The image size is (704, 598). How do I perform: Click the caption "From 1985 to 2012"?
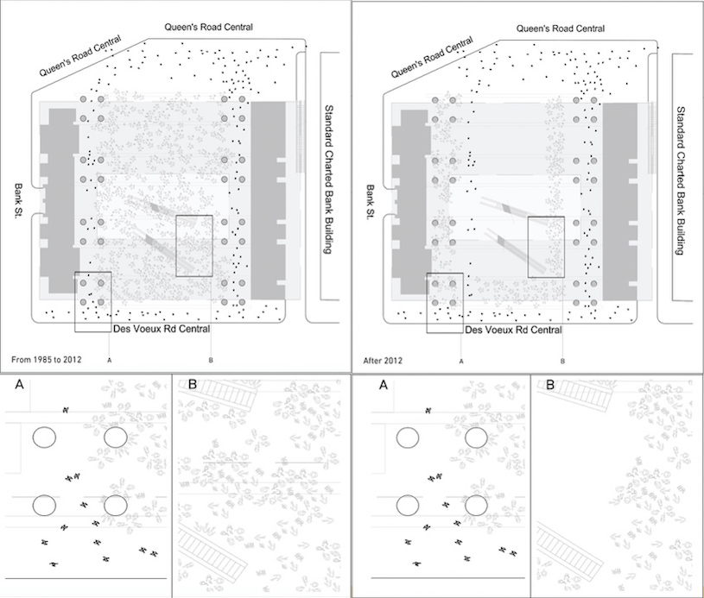click(47, 359)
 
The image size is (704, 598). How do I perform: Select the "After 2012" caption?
click(383, 360)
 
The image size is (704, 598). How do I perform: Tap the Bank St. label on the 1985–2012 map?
click(19, 200)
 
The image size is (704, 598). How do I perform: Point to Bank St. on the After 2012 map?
click(371, 202)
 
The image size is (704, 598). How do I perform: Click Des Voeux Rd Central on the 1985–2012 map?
click(162, 329)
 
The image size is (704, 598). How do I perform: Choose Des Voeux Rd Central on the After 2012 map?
click(513, 330)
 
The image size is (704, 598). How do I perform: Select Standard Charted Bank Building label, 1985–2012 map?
click(328, 179)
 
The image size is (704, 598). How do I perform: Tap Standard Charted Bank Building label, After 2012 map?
click(681, 181)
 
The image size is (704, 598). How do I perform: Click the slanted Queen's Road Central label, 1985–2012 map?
click(80, 55)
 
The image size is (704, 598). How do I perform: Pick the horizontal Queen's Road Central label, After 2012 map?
click(561, 28)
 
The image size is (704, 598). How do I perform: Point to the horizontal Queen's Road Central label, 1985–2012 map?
click(208, 27)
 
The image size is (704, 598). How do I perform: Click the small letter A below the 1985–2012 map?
click(110, 360)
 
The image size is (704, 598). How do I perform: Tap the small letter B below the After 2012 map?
click(562, 362)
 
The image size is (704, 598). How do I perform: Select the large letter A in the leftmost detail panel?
click(19, 385)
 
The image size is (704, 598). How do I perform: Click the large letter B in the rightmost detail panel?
click(550, 385)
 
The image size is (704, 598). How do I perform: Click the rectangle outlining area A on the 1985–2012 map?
click(75, 302)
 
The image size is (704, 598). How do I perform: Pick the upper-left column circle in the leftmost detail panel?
click(44, 437)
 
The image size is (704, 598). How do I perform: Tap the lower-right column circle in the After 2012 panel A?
click(476, 506)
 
